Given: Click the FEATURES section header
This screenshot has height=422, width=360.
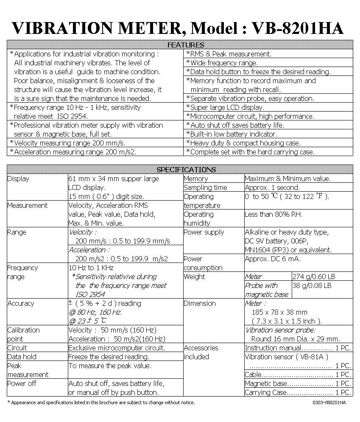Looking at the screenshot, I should pyautogui.click(x=186, y=45).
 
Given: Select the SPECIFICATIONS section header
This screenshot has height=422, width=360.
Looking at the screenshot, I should pyautogui.click(x=186, y=170).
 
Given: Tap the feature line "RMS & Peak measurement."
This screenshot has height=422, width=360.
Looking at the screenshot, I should pyautogui.click(x=231, y=54).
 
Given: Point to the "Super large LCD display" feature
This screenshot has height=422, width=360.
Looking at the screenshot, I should pyautogui.click(x=227, y=107).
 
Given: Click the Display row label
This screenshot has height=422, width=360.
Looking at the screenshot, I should pyautogui.click(x=18, y=179).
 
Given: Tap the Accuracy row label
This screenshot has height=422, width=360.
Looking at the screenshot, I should pyautogui.click(x=20, y=303).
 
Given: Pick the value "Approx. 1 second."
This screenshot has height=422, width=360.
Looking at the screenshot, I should pyautogui.click(x=272, y=187).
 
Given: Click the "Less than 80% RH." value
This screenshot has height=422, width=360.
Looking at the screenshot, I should pyautogui.click(x=273, y=214).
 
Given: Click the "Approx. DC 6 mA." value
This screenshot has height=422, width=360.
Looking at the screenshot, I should pyautogui.click(x=273, y=259).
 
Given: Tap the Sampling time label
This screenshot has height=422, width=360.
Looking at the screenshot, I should pyautogui.click(x=205, y=187).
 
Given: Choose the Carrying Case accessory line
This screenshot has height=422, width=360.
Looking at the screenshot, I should pyautogui.click(x=298, y=392).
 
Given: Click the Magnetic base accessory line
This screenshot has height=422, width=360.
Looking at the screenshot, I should pyautogui.click(x=298, y=383).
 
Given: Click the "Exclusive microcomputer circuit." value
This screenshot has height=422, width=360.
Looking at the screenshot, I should pyautogui.click(x=117, y=348).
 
